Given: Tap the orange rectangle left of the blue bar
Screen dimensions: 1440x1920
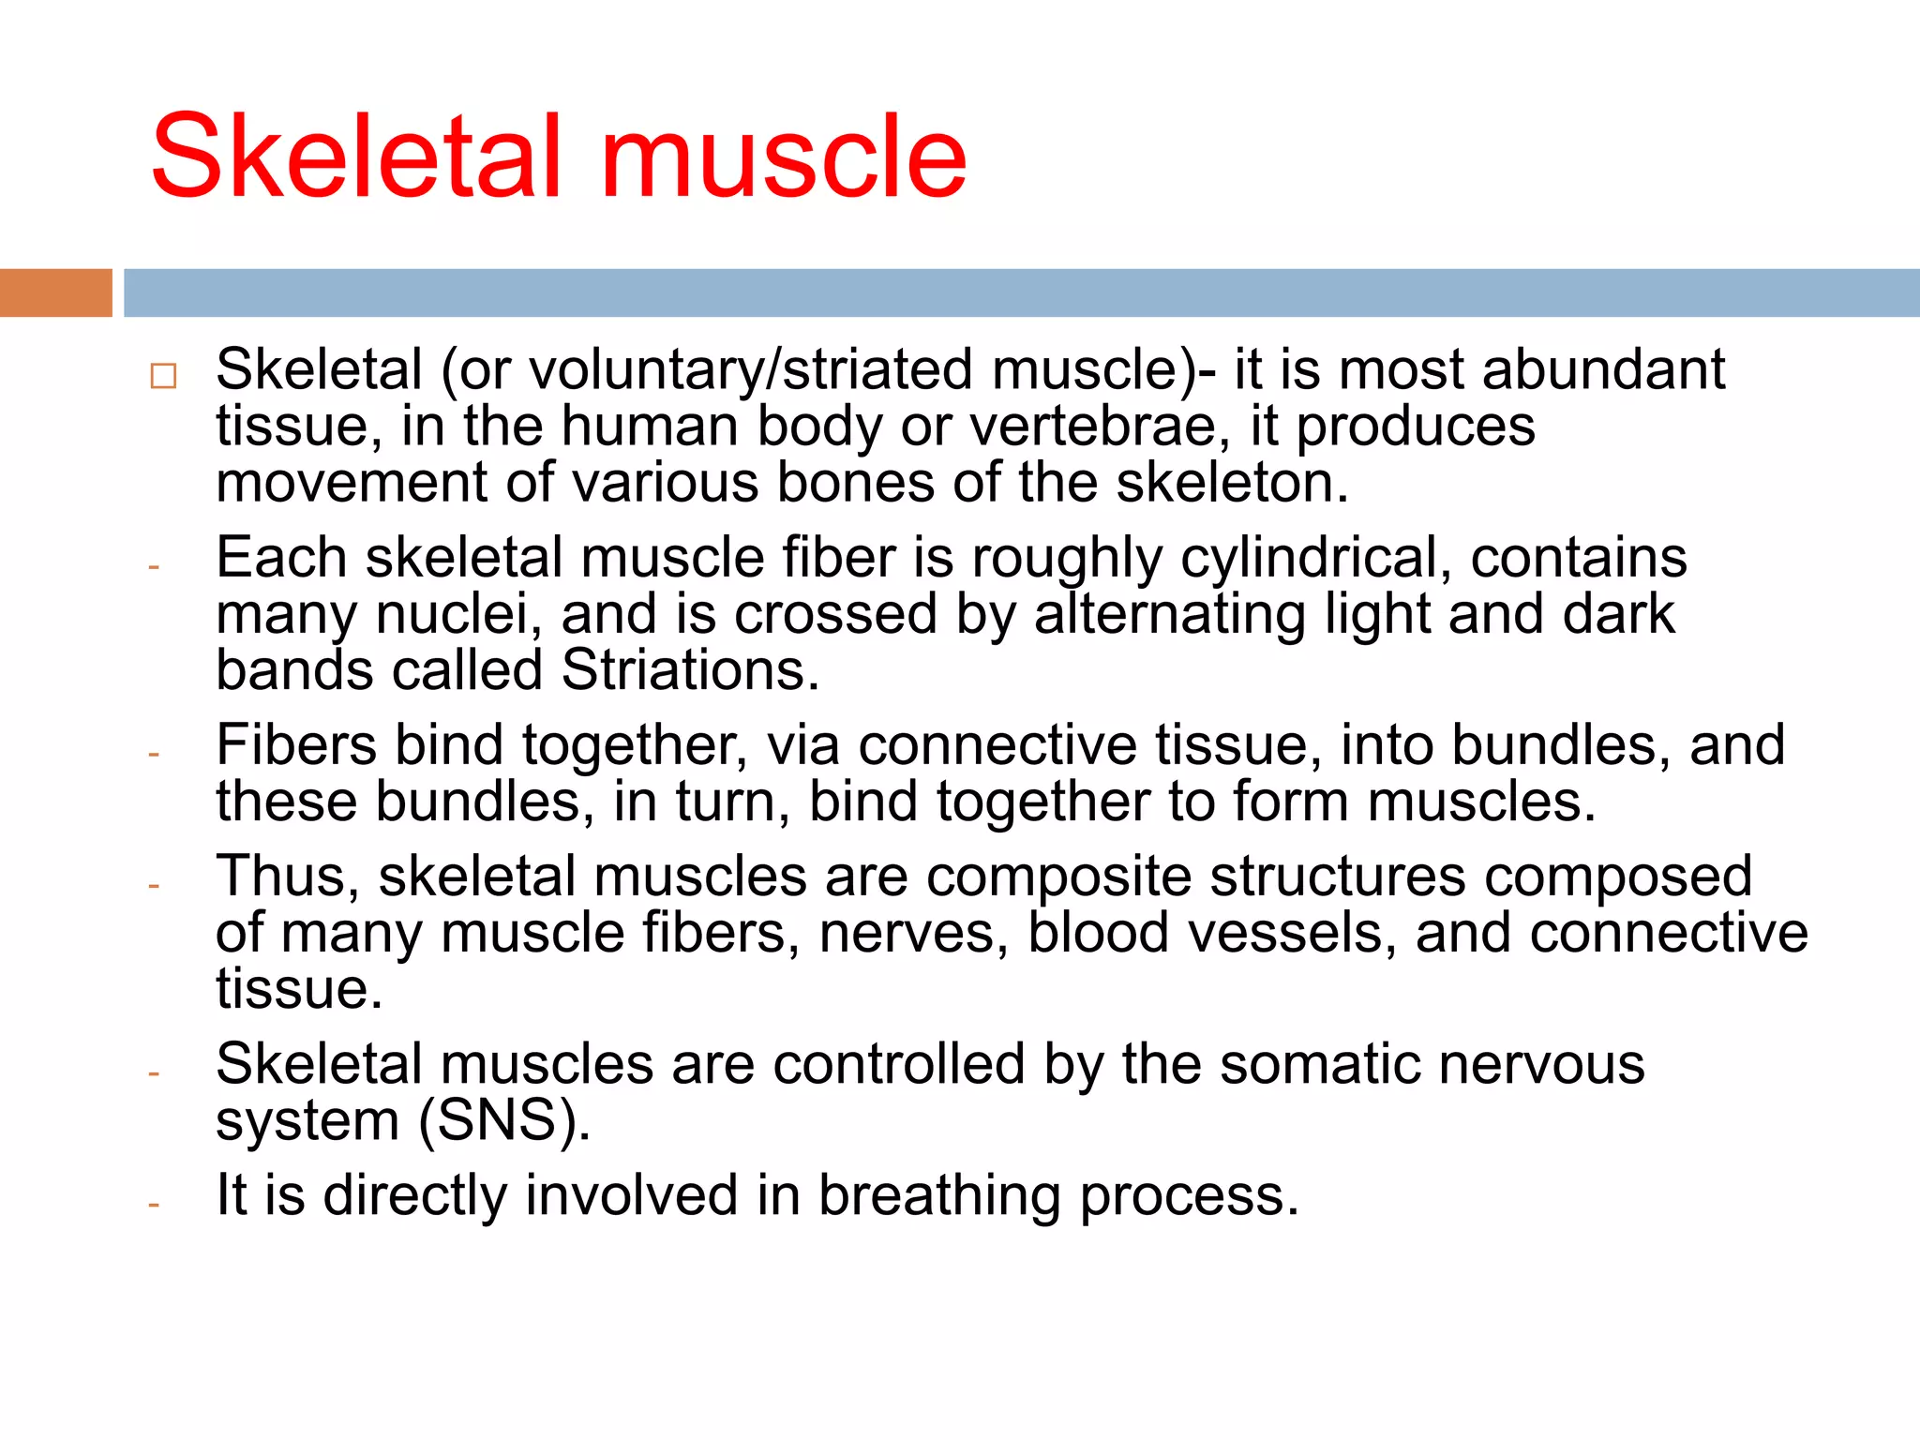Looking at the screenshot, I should (x=55, y=292).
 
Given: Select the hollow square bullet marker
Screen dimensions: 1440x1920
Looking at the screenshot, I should (x=163, y=376).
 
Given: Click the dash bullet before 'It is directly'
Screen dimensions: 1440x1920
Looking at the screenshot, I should (x=154, y=1204).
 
